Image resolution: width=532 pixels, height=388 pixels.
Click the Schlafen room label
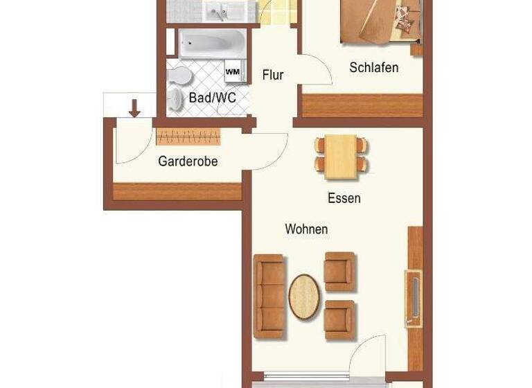[x=373, y=67]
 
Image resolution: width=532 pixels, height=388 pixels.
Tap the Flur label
[x=272, y=75]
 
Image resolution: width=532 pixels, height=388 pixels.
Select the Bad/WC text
[x=212, y=98]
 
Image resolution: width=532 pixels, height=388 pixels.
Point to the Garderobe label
[x=188, y=161]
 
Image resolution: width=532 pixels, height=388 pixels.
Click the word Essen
[x=344, y=198]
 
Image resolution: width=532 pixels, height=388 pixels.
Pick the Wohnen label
[x=306, y=229]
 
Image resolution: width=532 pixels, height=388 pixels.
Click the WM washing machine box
[x=231, y=71]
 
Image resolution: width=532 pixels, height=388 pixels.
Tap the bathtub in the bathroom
[x=211, y=44]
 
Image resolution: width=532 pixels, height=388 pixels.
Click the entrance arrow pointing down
[x=135, y=107]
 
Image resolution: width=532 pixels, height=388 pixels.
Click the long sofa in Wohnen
[x=269, y=296]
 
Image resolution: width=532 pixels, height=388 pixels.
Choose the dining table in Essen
[x=341, y=155]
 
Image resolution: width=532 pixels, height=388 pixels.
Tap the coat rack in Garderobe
[x=188, y=136]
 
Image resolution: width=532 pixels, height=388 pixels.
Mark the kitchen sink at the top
[x=222, y=10]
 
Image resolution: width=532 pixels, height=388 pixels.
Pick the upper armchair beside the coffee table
[x=339, y=270]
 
